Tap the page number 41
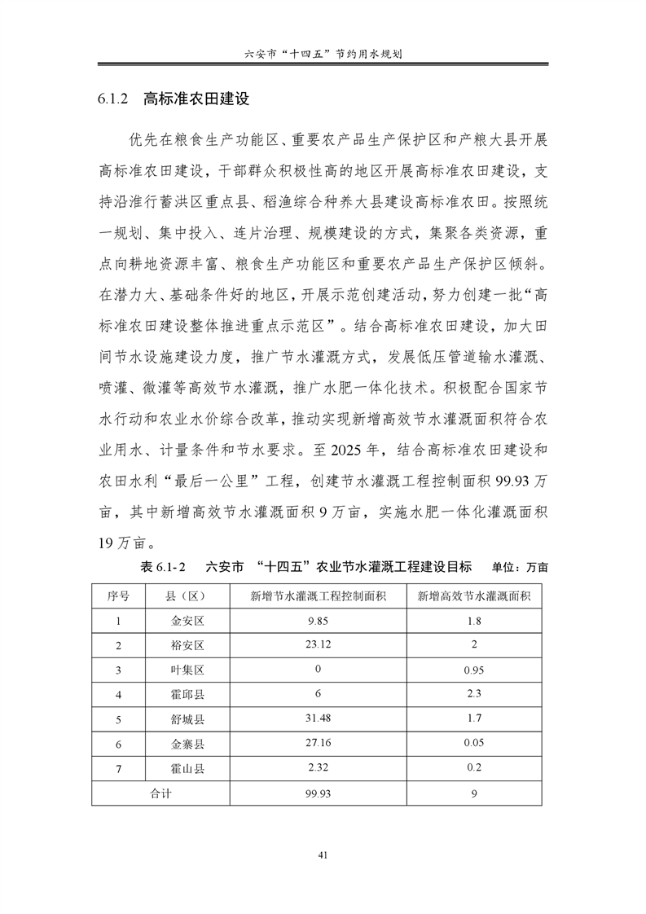point(323,855)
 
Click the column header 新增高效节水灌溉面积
point(474,595)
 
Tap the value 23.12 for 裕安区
point(318,645)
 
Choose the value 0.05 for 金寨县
point(474,744)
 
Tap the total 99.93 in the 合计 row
point(318,793)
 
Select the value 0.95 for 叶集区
point(474,670)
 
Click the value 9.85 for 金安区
point(318,621)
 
